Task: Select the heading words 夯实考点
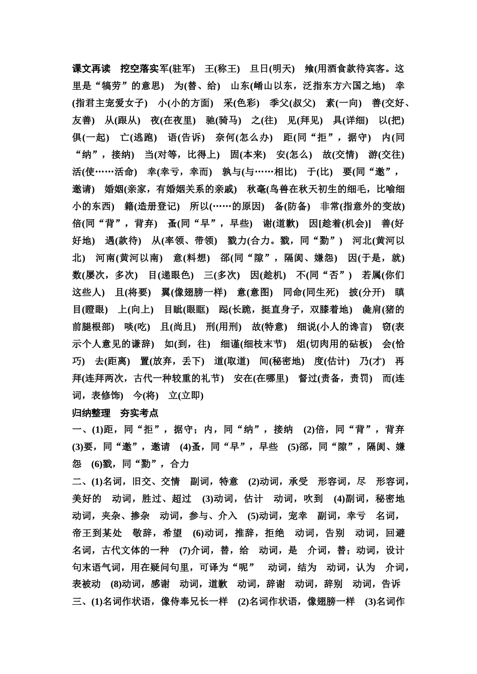tap(139, 413)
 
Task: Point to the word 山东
tap(240, 86)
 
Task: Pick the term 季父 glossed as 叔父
tap(279, 103)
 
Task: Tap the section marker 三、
tap(80, 602)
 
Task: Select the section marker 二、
tap(80, 482)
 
